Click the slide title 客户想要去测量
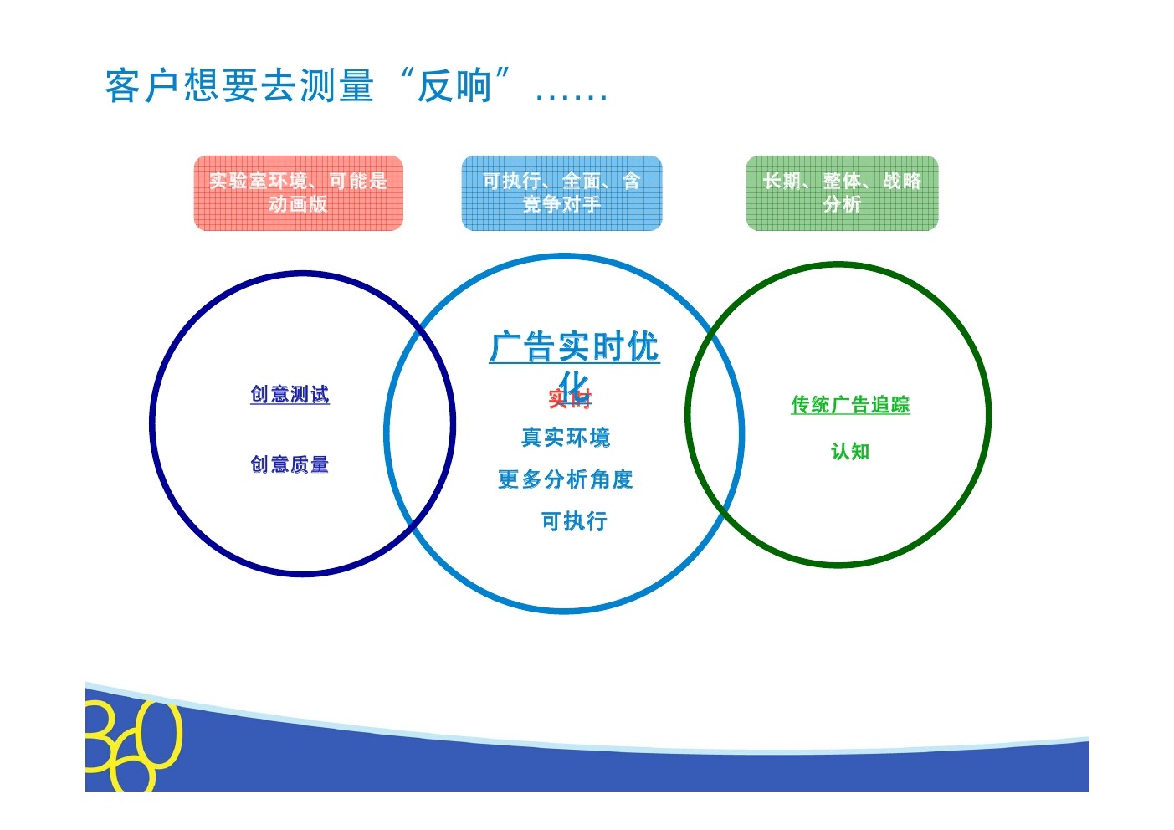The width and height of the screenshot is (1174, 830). (239, 86)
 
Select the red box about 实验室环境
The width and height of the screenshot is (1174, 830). (298, 192)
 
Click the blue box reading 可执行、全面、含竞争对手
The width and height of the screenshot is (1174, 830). (561, 192)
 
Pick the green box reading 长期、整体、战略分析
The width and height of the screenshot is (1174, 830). (842, 192)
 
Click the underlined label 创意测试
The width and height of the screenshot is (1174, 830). (290, 394)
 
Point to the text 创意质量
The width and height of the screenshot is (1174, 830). (290, 464)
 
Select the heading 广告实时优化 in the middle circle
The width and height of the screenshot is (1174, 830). (574, 347)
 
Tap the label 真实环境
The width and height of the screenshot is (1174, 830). (566, 438)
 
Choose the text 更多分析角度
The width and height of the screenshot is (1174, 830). (566, 479)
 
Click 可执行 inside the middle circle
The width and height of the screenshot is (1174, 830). (574, 521)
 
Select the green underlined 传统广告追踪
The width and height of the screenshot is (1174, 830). (850, 405)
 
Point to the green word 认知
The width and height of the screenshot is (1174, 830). (850, 452)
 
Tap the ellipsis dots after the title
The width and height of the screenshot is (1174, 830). (572, 94)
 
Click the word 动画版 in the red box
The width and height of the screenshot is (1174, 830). (298, 204)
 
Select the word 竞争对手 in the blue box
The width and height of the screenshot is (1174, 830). (561, 204)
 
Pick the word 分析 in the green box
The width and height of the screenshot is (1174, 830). (842, 204)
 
